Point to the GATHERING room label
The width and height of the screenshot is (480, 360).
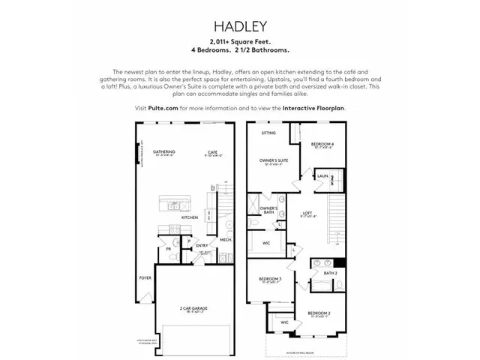pos(163,152)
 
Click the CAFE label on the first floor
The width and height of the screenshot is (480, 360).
pos(212,152)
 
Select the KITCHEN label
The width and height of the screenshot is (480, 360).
pos(190,217)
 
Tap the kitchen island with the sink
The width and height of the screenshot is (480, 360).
pos(174,203)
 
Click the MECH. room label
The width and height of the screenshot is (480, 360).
pos(223,239)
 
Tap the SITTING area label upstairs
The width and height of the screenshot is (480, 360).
pos(268,133)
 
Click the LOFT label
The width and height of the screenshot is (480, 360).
pos(307,213)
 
